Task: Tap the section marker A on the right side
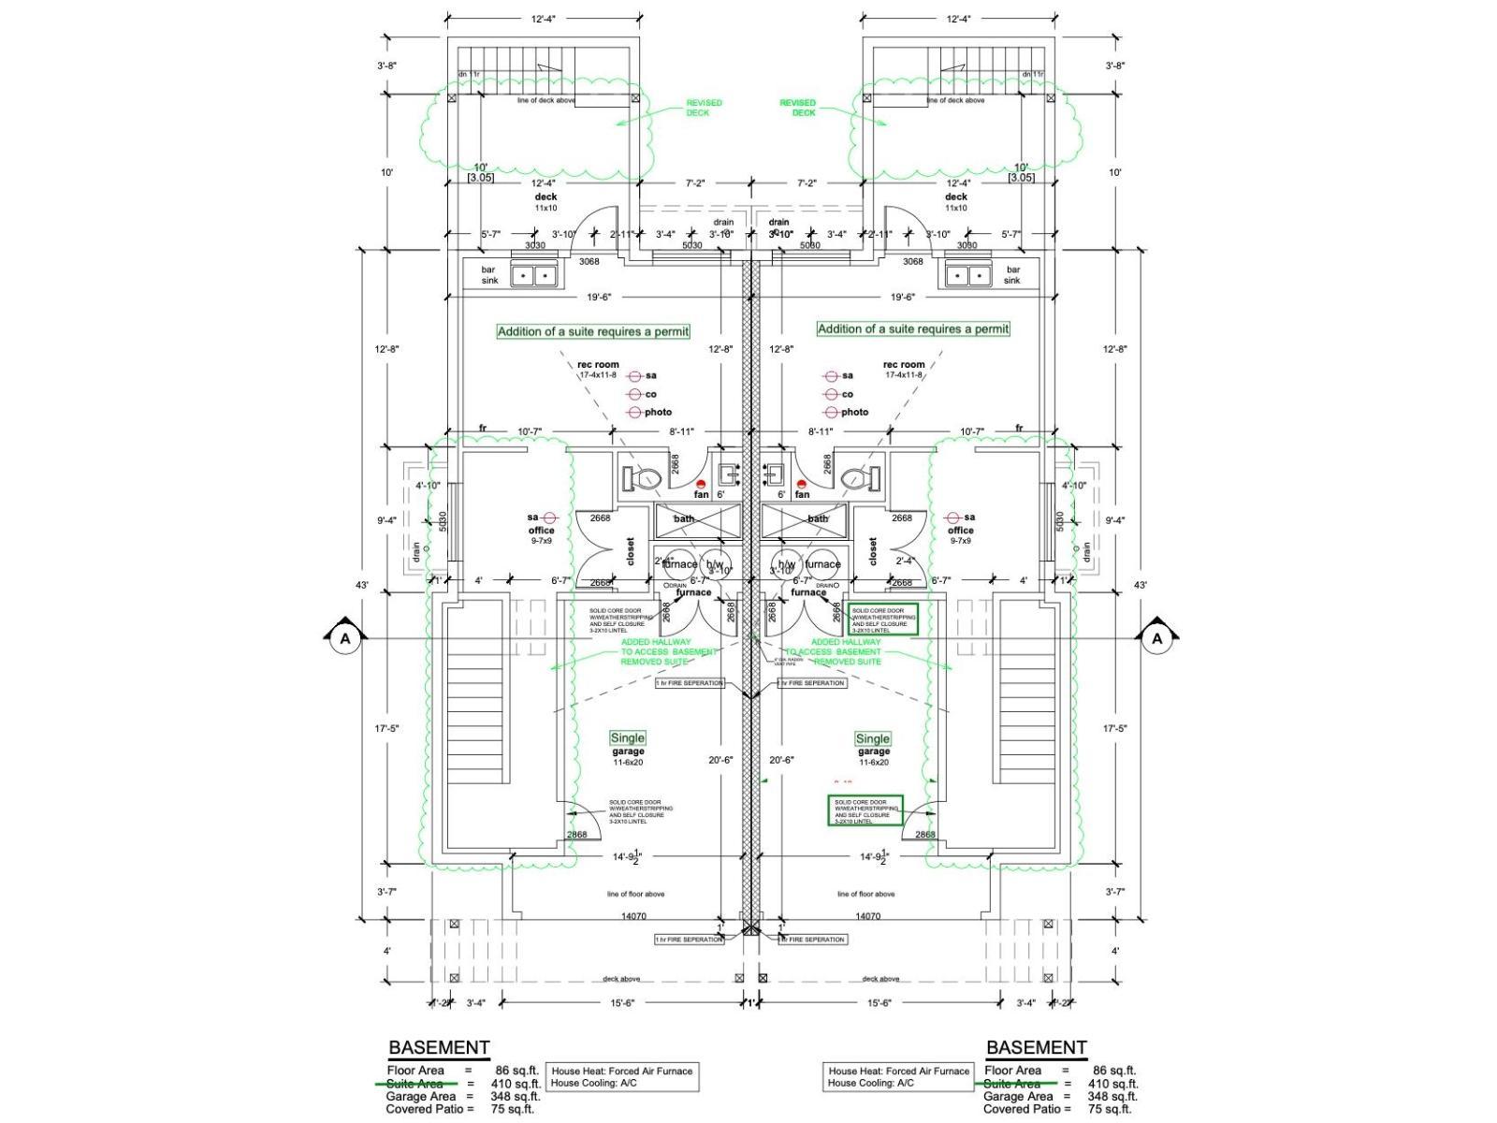tap(1157, 638)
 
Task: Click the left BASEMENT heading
tap(439, 1047)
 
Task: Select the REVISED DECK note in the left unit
tap(704, 108)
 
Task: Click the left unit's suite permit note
tap(593, 331)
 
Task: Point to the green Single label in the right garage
tap(873, 738)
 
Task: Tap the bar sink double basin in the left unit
tap(534, 275)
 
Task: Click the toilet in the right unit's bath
tap(859, 479)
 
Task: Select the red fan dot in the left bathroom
tap(701, 484)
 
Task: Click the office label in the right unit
tap(961, 531)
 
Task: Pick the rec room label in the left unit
tap(598, 364)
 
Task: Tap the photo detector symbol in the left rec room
tap(636, 412)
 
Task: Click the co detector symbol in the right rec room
tap(830, 394)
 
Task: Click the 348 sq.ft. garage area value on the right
tap(1112, 1096)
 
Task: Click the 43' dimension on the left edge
tap(362, 585)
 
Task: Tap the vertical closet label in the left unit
tap(630, 551)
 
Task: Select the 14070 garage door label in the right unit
tap(868, 917)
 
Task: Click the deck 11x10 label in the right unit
tap(956, 201)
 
